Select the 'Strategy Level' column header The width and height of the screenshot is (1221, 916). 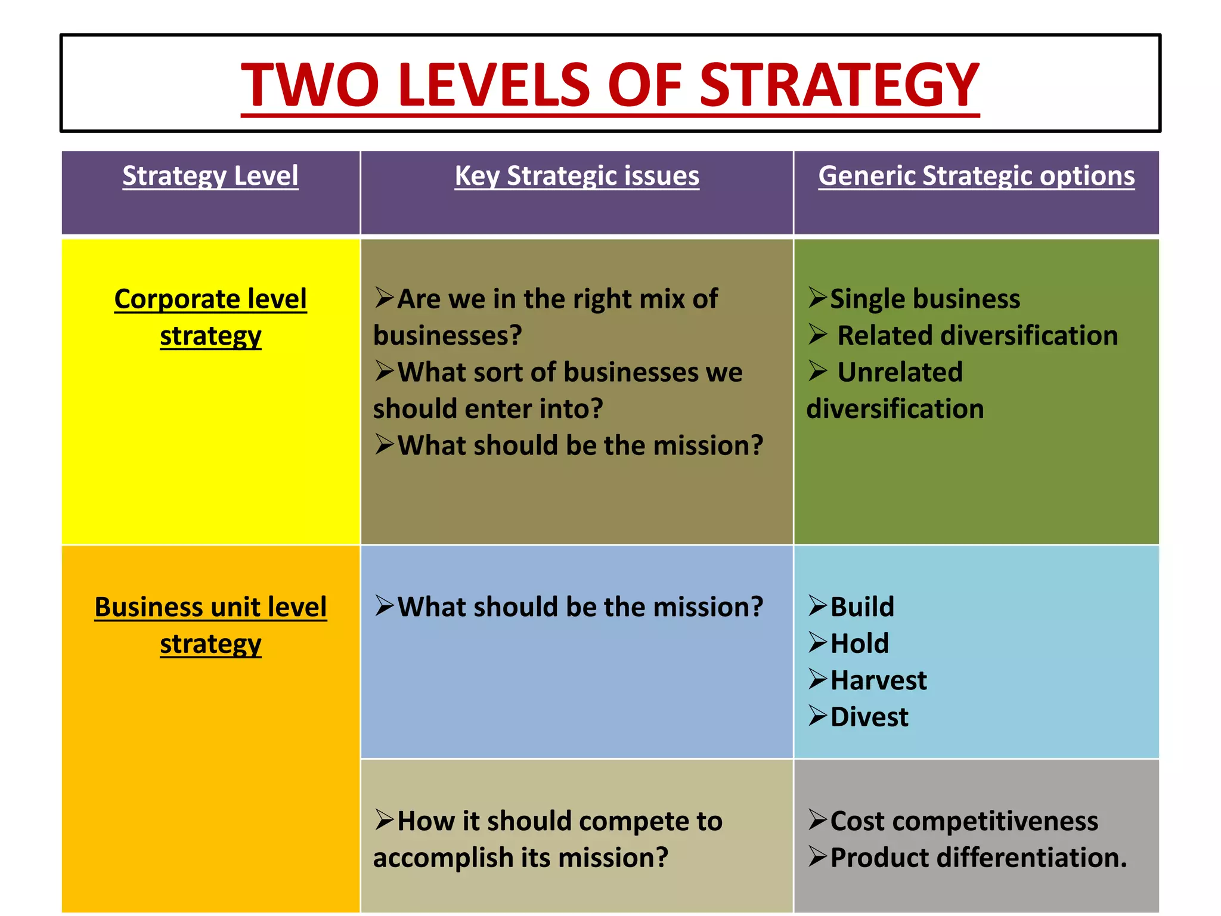210,176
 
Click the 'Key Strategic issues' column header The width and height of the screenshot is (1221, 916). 577,176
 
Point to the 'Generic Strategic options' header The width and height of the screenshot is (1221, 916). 976,176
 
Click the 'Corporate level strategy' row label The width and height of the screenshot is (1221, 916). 210,317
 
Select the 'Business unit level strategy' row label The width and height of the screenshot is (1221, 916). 210,625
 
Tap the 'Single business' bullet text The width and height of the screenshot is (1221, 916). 925,299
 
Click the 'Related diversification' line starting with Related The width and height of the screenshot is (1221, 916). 977,335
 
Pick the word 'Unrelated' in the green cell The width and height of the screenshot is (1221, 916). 900,372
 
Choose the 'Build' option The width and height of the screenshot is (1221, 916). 862,607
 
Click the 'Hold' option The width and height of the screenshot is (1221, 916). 859,643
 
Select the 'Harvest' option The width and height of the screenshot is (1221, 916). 878,680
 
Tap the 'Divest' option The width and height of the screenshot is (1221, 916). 869,717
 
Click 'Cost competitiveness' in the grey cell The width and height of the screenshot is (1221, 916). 963,821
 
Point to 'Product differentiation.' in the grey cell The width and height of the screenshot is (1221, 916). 978,858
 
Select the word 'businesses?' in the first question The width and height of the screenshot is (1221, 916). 447,335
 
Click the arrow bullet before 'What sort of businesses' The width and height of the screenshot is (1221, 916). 385,372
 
